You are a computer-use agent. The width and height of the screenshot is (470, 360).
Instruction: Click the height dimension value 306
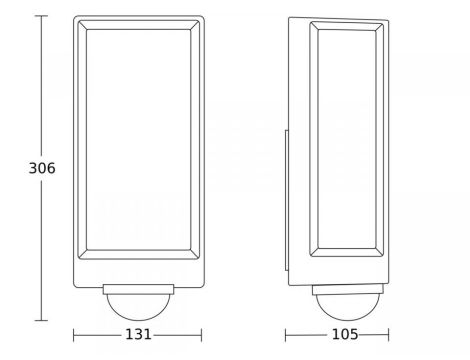(42, 168)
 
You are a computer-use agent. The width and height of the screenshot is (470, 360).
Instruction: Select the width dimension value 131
(138, 334)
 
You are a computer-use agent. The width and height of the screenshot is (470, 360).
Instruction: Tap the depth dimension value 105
(345, 334)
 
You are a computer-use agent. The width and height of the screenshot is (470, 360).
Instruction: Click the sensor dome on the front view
(138, 307)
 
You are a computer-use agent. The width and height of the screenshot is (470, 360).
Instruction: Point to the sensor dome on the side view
(348, 307)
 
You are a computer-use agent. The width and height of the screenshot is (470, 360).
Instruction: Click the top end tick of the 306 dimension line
(41, 16)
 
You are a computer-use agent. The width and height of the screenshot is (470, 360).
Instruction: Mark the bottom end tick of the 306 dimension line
(41, 320)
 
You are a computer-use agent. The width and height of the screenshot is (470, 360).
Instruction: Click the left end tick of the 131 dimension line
(74, 335)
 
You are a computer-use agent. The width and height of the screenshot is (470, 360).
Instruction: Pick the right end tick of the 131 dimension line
(201, 335)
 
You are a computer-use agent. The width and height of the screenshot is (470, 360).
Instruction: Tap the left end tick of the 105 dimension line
(286, 335)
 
